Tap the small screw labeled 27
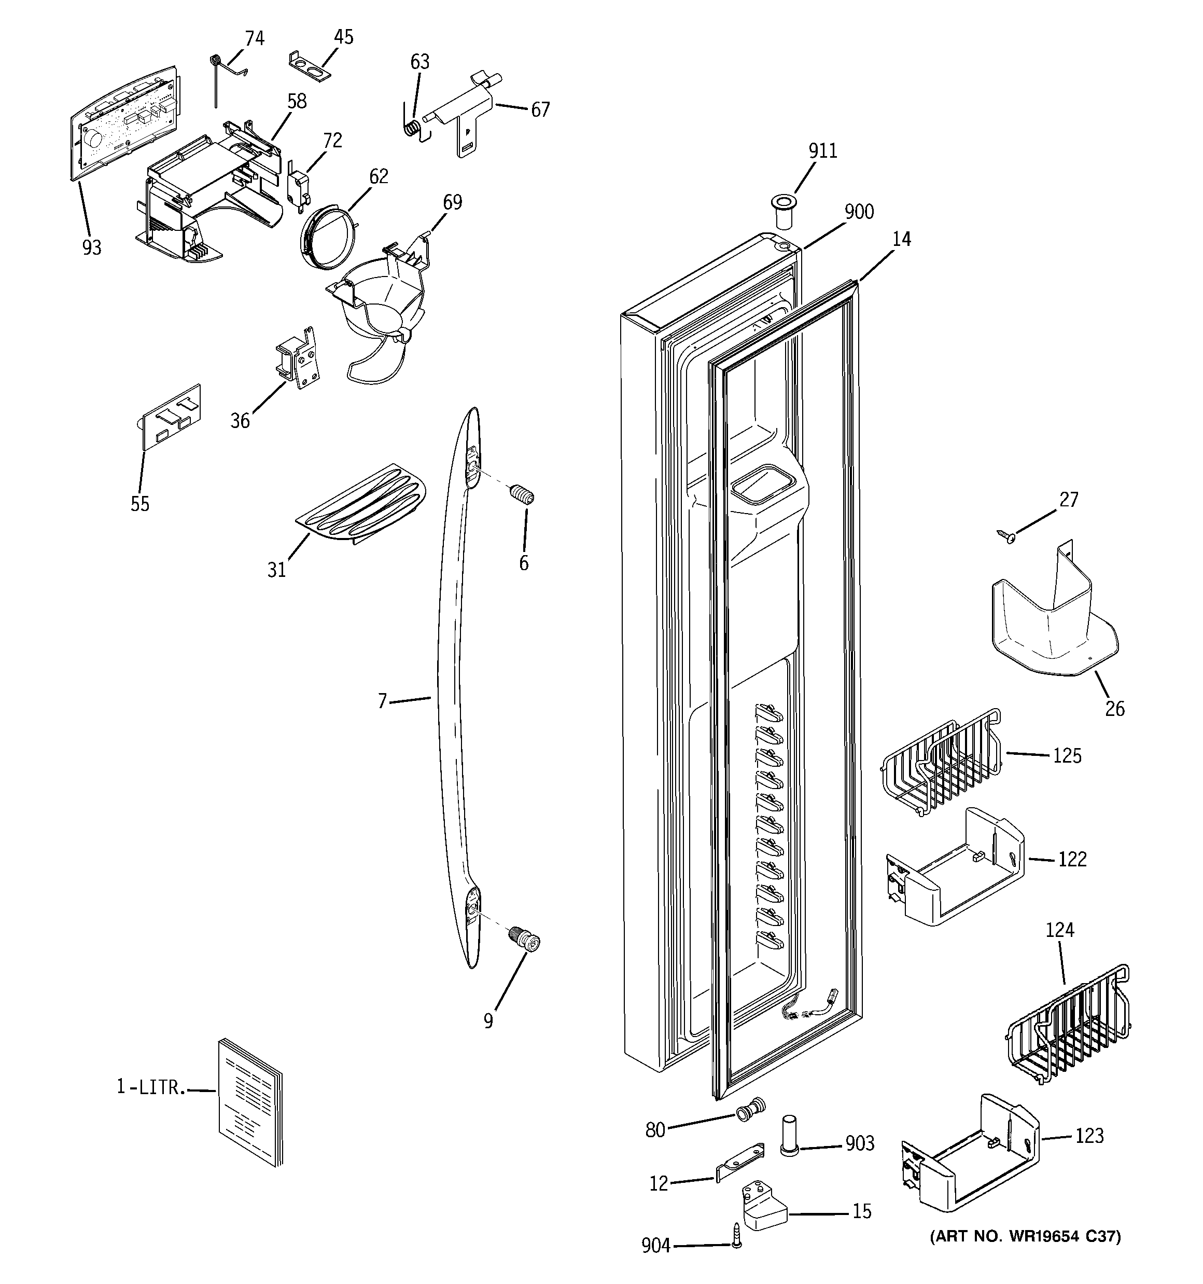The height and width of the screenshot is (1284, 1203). coord(1005,535)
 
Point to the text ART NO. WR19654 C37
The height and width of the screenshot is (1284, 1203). coord(1025,1236)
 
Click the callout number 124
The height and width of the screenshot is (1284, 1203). coord(1060,930)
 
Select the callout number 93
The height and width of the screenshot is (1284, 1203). coord(92,247)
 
